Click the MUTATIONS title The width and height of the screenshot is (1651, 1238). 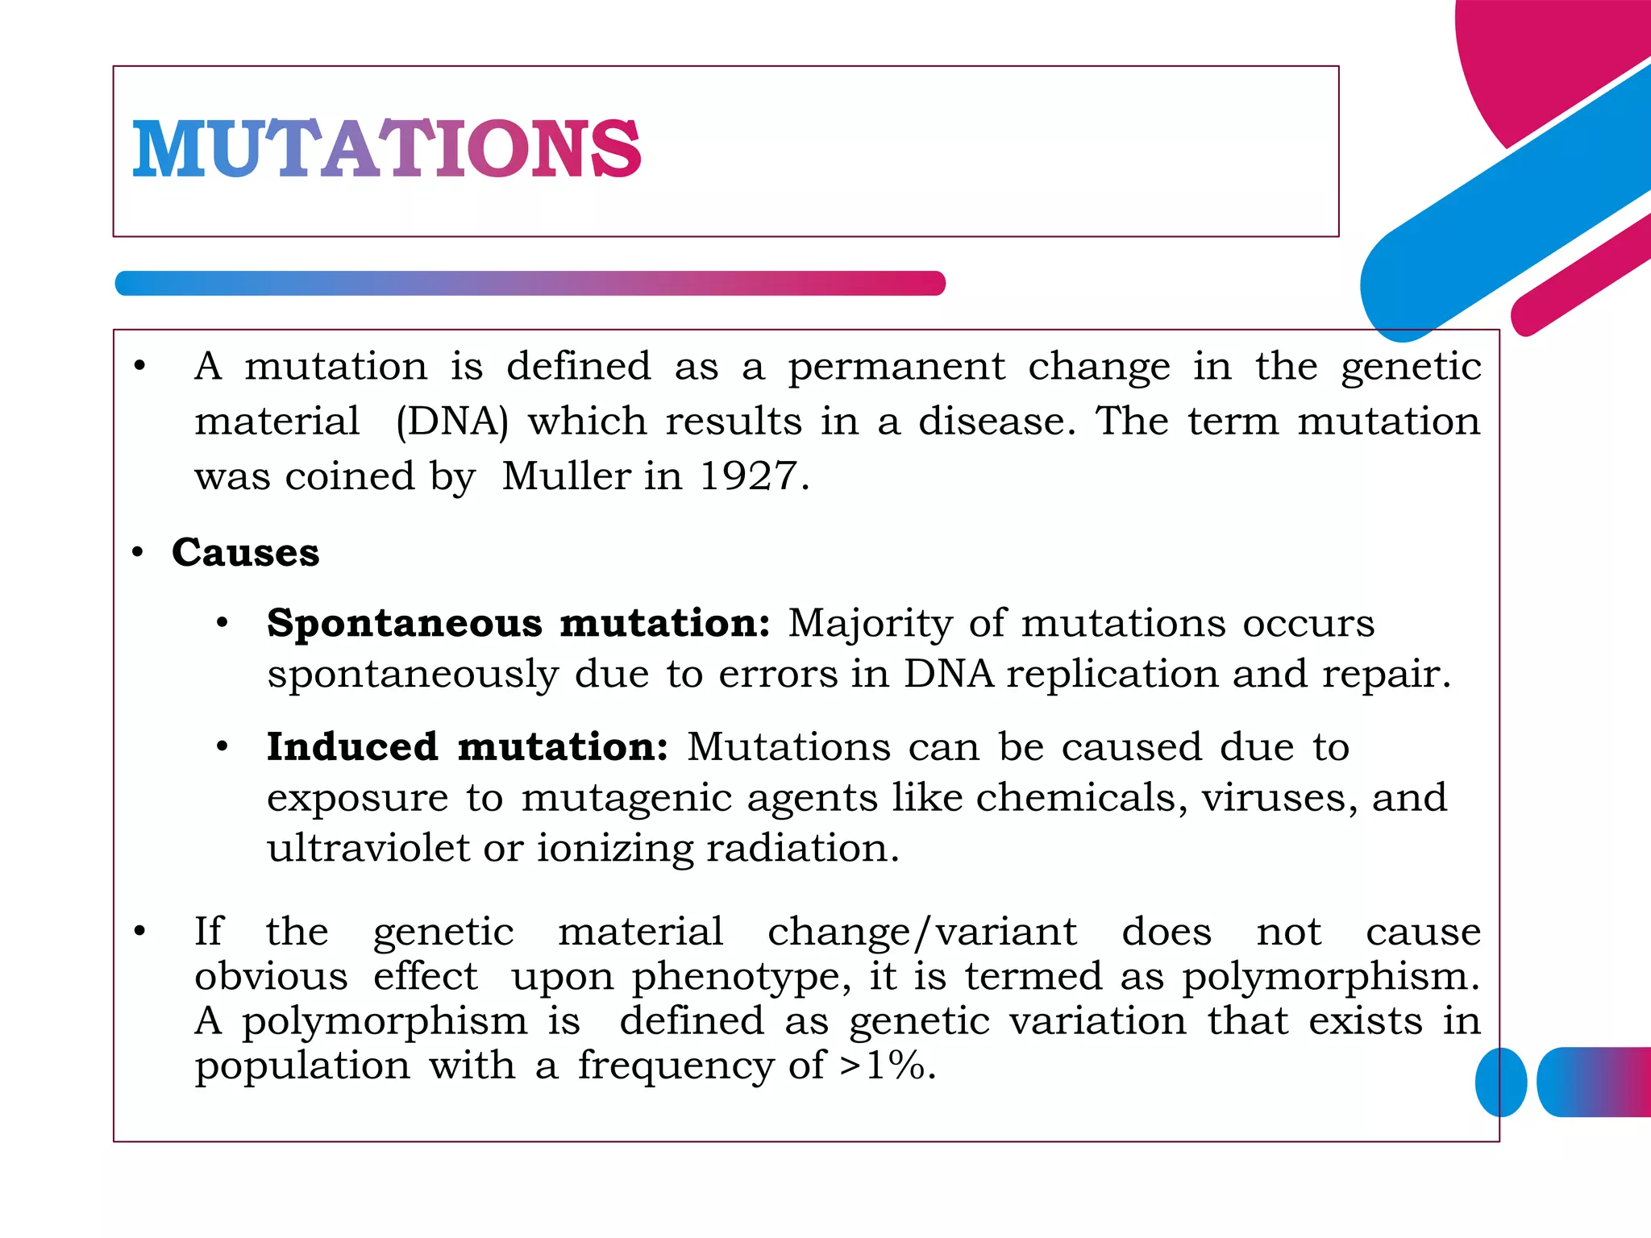386,148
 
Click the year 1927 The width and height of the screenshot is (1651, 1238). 747,476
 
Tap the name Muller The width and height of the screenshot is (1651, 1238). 567,476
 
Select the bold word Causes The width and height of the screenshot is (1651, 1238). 245,553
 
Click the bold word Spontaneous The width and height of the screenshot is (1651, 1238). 405,624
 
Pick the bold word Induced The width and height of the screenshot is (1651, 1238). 352,746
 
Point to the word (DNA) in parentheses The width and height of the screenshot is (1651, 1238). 452,422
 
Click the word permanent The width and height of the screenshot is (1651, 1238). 896,368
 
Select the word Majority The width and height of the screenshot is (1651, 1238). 870,624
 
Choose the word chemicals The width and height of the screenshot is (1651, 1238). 1080,798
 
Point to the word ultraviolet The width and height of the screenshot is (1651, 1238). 368,848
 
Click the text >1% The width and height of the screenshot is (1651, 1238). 887,1066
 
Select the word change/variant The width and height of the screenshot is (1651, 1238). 921,933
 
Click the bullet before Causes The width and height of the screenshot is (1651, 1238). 138,553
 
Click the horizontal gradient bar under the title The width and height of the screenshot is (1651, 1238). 530,284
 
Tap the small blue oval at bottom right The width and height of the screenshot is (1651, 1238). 1501,1082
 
